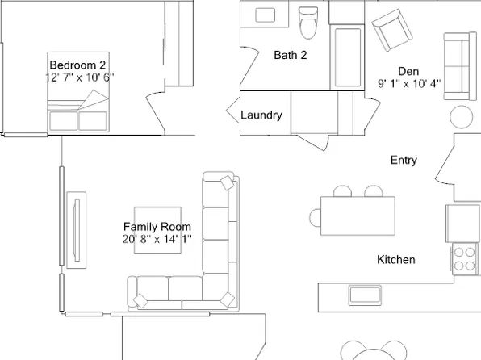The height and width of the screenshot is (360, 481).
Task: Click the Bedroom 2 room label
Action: tap(77, 65)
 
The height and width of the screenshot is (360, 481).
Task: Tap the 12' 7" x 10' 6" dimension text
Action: tap(79, 77)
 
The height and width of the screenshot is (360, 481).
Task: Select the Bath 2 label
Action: tap(291, 55)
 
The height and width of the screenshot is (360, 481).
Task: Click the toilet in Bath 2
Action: tap(308, 23)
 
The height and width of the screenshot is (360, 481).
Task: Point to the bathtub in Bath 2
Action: tap(348, 57)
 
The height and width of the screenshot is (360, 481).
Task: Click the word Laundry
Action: tap(261, 115)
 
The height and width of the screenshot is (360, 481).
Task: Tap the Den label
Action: tap(408, 71)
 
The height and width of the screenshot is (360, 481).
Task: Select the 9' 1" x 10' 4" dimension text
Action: tap(409, 83)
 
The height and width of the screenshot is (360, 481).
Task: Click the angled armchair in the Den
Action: tap(391, 30)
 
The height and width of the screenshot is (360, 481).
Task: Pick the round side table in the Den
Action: tap(462, 116)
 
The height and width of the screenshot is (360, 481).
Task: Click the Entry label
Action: tap(404, 160)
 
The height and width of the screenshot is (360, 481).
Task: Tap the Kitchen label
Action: tap(396, 260)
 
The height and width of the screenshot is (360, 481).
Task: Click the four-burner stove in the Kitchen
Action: tap(464, 258)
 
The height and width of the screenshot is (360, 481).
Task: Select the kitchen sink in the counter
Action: tap(365, 295)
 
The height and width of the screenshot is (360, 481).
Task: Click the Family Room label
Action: tap(157, 227)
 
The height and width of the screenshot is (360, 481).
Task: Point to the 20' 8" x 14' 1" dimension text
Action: tap(157, 239)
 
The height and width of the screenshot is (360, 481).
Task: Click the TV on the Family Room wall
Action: tap(77, 230)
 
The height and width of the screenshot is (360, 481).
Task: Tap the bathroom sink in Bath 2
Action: tap(265, 15)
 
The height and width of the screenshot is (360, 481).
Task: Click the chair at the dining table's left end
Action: tap(315, 218)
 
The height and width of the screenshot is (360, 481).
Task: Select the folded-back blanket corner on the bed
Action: tap(94, 99)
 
